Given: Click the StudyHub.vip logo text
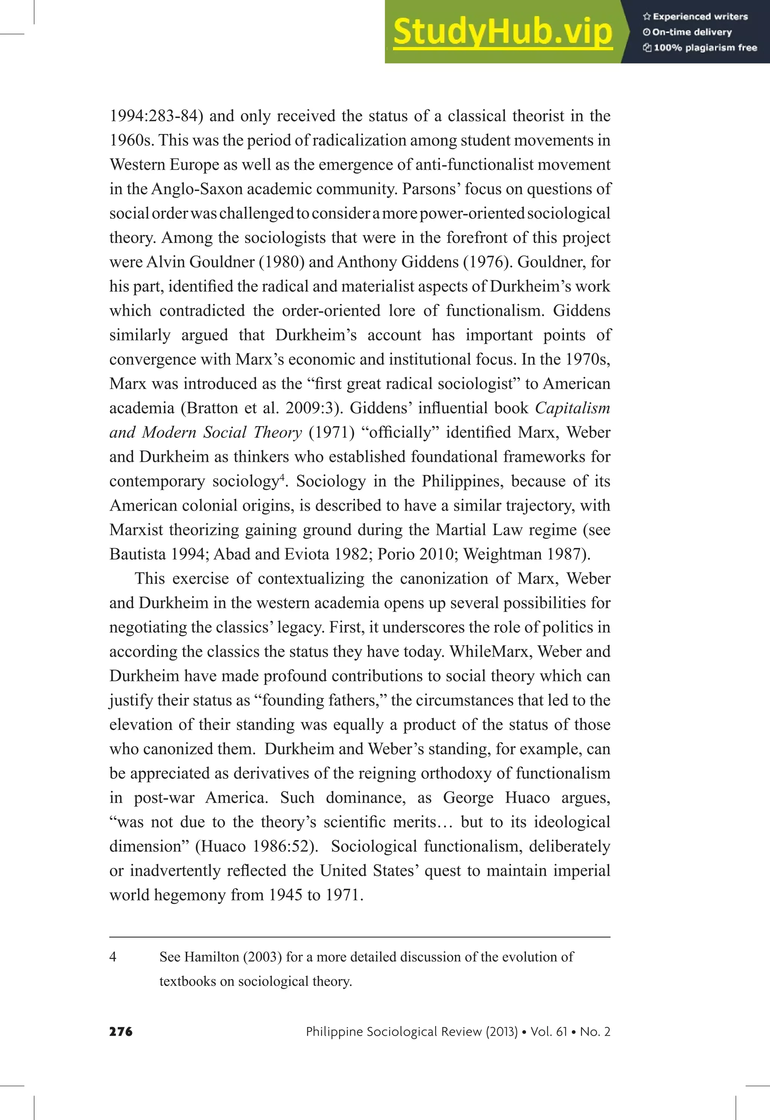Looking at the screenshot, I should (502, 32).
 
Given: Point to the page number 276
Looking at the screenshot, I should (121, 1031).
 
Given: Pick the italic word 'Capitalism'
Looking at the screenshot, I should (572, 408).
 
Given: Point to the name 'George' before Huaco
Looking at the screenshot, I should (468, 798).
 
